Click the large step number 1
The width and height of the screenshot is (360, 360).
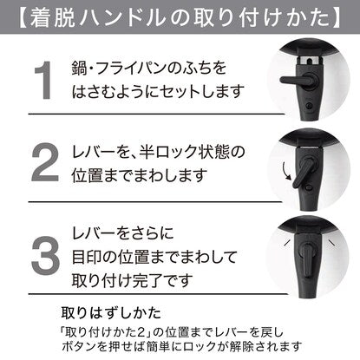pos(43,80)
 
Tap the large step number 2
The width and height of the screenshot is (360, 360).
pos(45,162)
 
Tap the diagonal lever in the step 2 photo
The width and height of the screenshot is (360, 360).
pos(302,173)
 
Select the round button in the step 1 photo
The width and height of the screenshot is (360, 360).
pos(310,106)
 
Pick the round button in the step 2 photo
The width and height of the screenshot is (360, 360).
pos(309,188)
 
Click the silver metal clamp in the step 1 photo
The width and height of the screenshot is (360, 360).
pos(309,61)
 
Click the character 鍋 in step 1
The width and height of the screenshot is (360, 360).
pos(79,69)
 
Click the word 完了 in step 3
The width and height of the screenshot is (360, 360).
pos(147,280)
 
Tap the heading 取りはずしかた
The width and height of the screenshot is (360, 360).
pos(111,313)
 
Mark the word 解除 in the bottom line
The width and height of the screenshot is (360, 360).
pos(241,346)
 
